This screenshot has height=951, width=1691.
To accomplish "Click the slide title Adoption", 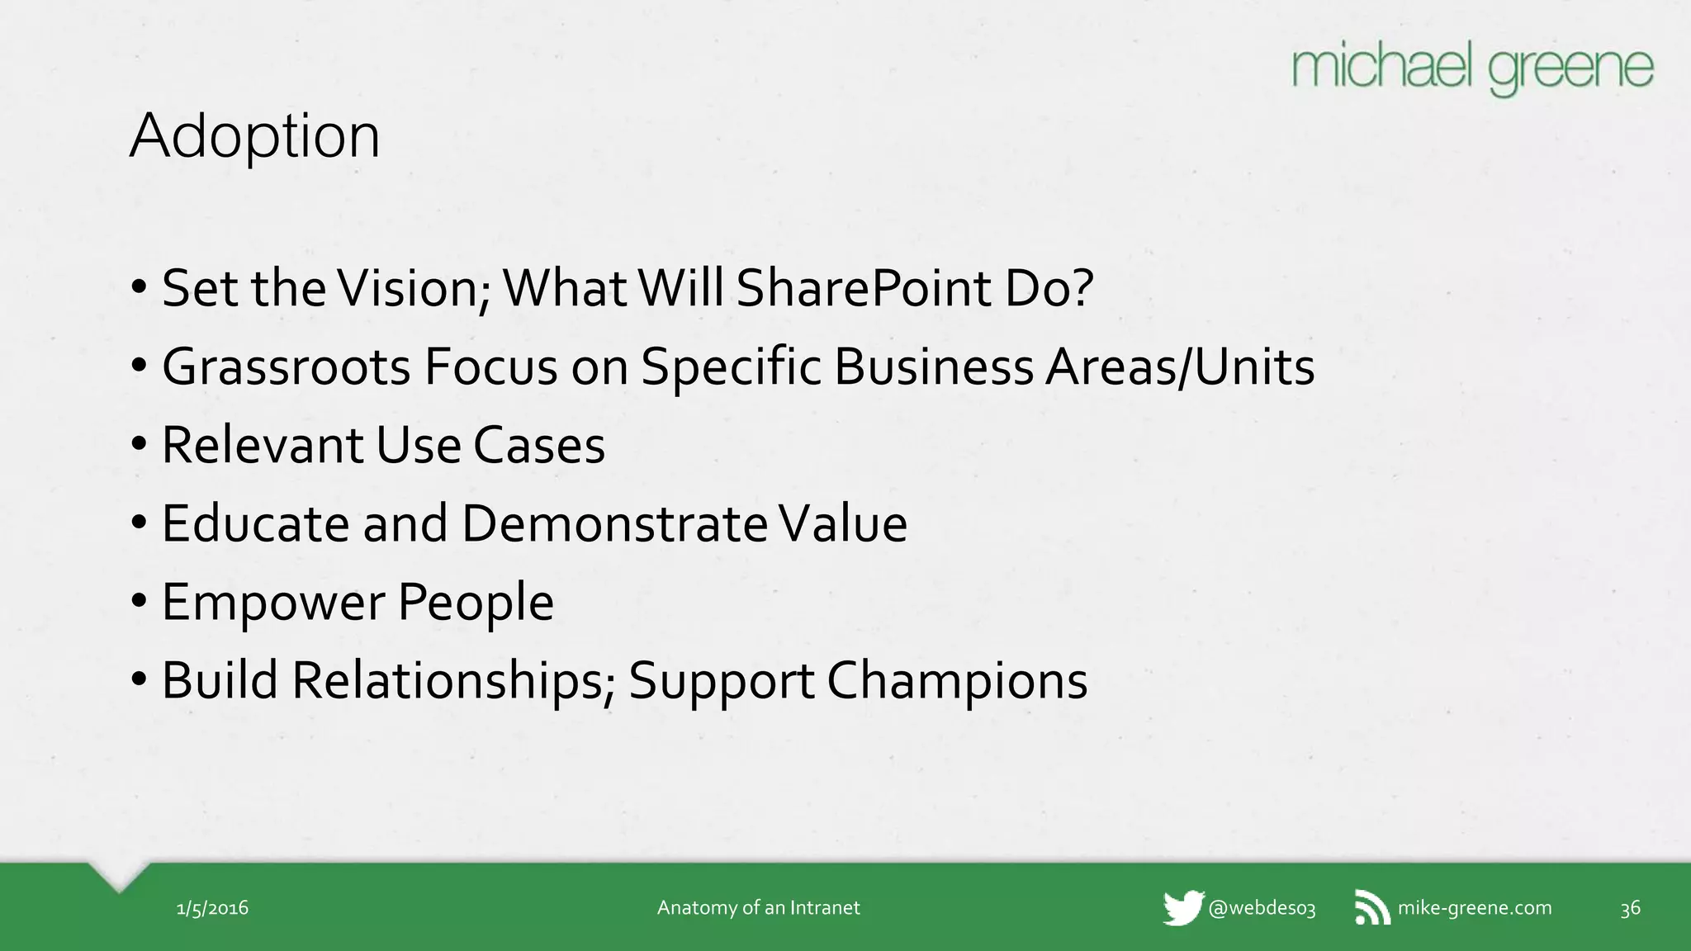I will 254,136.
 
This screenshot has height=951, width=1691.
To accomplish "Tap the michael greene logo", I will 1472,69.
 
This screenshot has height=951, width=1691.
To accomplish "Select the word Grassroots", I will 286,367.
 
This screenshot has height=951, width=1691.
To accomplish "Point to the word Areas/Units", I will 1179,367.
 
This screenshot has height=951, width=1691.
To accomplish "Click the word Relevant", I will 262,445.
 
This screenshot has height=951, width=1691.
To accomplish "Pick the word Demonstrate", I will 614,523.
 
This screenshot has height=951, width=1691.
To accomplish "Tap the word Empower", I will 272,602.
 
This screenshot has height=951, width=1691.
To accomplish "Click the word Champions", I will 957,680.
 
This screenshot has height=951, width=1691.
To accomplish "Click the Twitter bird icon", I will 1183,908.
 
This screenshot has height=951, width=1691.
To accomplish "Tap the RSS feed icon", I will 1372,908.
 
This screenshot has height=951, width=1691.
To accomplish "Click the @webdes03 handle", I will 1262,908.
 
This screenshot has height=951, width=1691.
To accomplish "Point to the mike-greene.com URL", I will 1475,908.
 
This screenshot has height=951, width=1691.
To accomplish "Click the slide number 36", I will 1630,909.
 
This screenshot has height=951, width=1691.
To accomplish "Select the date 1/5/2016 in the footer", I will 212,908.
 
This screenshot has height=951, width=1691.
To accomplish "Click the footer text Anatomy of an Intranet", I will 758,908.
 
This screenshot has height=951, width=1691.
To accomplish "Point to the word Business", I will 933,367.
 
